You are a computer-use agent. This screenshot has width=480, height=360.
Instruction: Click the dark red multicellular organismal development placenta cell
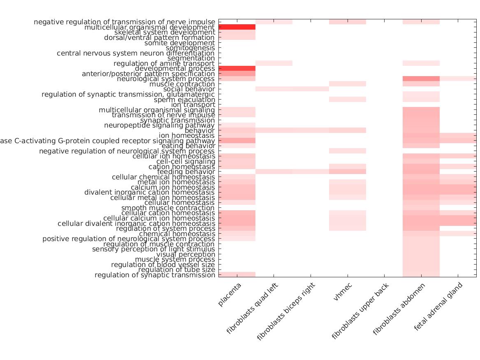[237, 27]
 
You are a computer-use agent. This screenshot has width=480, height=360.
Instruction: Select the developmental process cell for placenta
[237, 68]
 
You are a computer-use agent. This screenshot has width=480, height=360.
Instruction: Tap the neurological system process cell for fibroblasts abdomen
[421, 79]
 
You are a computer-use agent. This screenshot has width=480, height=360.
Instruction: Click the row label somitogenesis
[190, 48]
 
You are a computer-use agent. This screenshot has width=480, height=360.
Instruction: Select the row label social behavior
[189, 89]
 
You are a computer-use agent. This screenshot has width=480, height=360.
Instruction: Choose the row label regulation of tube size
[176, 270]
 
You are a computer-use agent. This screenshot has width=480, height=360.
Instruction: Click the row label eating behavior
[188, 146]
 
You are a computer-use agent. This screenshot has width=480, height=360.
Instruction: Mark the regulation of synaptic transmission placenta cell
[237, 275]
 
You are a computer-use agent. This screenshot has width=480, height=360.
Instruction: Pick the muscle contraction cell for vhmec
[348, 84]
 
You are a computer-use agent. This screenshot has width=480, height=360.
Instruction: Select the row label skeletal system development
[165, 33]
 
